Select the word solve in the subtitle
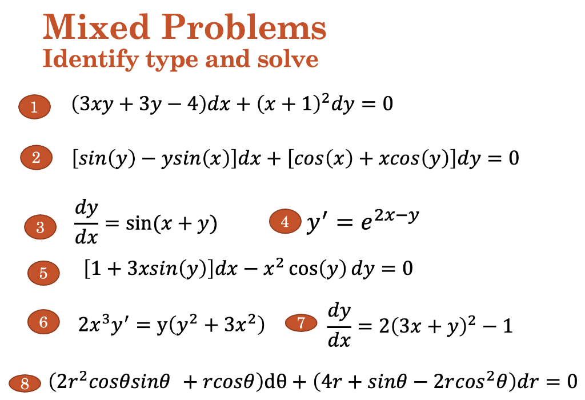(289, 59)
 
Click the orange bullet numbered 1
(34, 107)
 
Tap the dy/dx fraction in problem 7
(340, 326)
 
